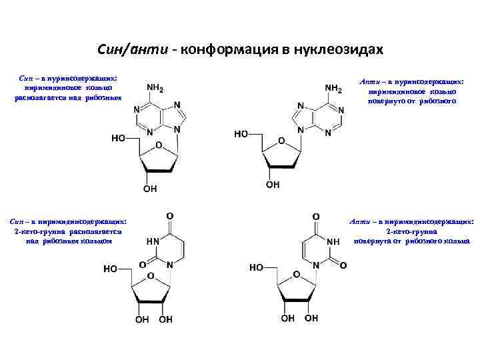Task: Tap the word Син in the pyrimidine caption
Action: point(18,221)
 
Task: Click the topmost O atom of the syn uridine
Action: point(170,216)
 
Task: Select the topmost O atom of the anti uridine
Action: point(316,216)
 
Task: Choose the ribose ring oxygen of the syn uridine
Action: point(151,275)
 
